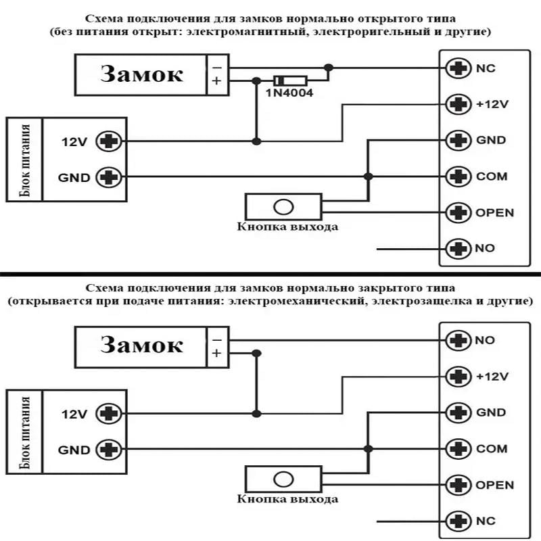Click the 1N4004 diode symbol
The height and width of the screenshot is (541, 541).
click(290, 81)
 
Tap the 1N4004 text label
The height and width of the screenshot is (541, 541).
click(289, 93)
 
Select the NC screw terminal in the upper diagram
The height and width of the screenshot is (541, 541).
click(458, 68)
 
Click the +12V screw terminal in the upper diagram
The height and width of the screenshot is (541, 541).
click(458, 104)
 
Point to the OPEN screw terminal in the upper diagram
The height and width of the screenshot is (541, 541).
click(458, 212)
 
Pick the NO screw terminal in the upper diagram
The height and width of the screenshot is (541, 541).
click(458, 248)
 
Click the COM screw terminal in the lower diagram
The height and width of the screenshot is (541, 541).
click(458, 448)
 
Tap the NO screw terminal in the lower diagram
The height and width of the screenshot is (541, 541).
click(458, 340)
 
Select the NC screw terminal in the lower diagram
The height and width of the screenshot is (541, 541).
click(458, 521)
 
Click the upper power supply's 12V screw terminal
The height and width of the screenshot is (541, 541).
click(109, 141)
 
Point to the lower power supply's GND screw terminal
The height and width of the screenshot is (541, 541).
click(109, 449)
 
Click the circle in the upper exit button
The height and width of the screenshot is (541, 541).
click(283, 207)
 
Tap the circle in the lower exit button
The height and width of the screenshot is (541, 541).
click(283, 479)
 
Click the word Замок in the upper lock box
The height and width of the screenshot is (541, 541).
click(141, 74)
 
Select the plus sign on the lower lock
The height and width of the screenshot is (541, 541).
click(216, 353)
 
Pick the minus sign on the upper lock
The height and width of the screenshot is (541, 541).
click(216, 67)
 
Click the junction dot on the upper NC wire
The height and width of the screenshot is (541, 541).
click(329, 68)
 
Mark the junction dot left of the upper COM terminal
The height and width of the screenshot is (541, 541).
click(369, 177)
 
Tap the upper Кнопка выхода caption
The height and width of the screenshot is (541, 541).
click(287, 227)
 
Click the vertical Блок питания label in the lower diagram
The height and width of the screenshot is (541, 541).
click(24, 433)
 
